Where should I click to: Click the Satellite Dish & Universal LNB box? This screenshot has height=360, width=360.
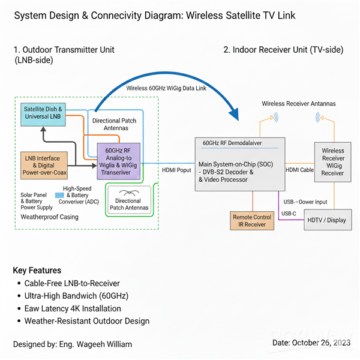43,113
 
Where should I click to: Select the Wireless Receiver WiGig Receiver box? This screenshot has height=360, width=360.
332,162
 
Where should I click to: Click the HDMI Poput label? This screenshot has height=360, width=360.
176,170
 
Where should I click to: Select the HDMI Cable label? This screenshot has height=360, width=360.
299,170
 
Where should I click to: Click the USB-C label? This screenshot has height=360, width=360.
289,214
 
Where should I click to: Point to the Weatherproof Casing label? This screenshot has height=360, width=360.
49,217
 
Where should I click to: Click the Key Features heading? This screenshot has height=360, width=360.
37,270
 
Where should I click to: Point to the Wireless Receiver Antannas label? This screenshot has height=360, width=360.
298,104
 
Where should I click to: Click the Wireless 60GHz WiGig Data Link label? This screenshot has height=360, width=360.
167,88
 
